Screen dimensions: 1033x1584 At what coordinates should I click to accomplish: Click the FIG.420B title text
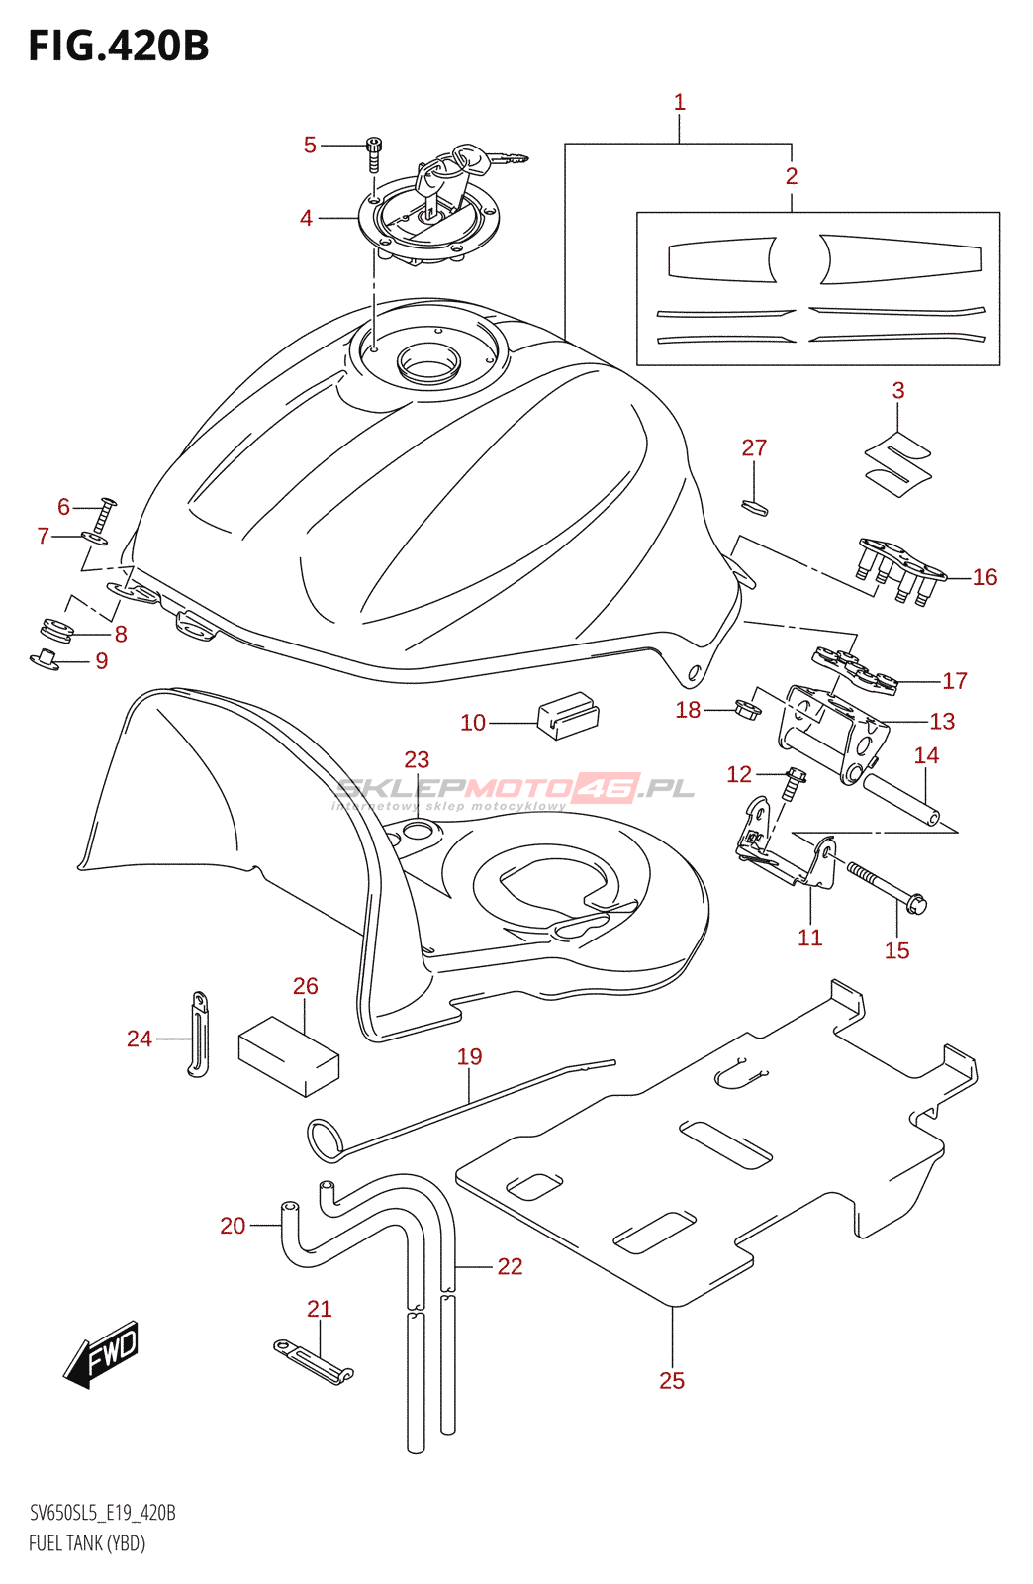coord(119,46)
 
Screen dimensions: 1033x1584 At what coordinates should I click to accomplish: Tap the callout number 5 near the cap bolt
coord(310,145)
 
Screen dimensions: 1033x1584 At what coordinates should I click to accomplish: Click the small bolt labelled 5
coord(373,154)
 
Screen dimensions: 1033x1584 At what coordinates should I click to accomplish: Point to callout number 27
coord(754,447)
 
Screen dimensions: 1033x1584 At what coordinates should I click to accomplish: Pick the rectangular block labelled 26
coord(288,1057)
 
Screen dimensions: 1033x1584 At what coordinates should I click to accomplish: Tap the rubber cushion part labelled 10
coord(568,715)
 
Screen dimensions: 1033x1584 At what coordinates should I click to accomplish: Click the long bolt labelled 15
coord(886,887)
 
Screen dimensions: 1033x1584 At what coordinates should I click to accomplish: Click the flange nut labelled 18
coord(748,708)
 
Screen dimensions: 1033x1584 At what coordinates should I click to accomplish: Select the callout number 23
coord(417,759)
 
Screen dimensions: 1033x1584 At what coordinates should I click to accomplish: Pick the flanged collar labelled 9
coord(46,658)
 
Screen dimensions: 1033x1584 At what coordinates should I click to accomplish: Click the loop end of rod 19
coord(325,1140)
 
